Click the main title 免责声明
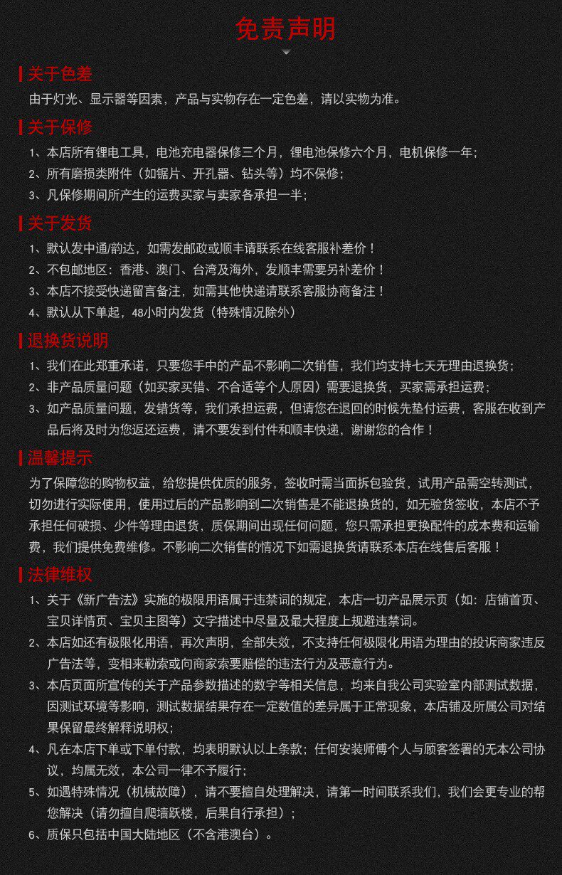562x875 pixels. pos(285,29)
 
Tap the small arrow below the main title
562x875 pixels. pos(286,52)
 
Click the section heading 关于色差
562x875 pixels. pos(60,74)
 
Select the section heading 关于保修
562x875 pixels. pos(60,128)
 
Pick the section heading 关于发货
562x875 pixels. pos(60,223)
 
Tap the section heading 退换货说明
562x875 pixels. pos(68,341)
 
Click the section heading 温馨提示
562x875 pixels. pos(60,458)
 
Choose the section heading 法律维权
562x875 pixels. pos(60,576)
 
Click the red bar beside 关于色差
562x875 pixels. pos(21,74)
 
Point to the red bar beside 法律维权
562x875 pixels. pos(21,576)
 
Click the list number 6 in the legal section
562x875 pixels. pos(33,835)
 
